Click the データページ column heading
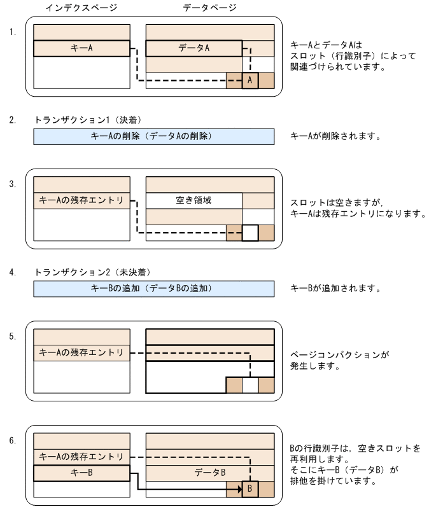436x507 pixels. pyautogui.click(x=209, y=8)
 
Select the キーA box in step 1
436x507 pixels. pyautogui.click(x=81, y=48)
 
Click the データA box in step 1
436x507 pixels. pyautogui.click(x=193, y=48)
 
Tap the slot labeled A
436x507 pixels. pyautogui.click(x=250, y=80)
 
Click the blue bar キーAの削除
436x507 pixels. pyautogui.click(x=153, y=136)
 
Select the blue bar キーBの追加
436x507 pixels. pyautogui.click(x=153, y=288)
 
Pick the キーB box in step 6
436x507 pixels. pyautogui.click(x=81, y=473)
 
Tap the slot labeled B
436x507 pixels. pyautogui.click(x=250, y=489)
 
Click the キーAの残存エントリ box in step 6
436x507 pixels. pyautogui.click(x=81, y=456)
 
